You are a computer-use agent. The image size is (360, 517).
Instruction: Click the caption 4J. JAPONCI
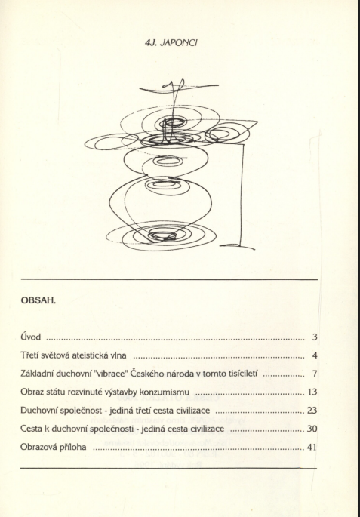tap(171, 43)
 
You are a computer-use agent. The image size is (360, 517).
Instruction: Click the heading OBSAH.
tap(38, 300)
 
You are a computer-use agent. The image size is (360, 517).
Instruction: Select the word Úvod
tap(31, 337)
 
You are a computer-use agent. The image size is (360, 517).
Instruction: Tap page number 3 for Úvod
tap(315, 337)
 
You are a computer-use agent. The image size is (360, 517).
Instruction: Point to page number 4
tap(315, 355)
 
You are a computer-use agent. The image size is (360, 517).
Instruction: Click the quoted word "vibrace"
tap(109, 374)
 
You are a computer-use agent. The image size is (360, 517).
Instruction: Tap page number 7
tap(315, 374)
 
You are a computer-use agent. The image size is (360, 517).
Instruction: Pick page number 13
tap(312, 392)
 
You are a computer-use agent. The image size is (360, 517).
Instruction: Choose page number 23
tap(312, 411)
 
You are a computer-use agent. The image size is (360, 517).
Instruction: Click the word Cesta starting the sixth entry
tap(30, 429)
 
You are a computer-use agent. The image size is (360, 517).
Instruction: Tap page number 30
tap(312, 429)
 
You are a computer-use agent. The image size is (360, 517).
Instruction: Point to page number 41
tap(312, 448)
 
